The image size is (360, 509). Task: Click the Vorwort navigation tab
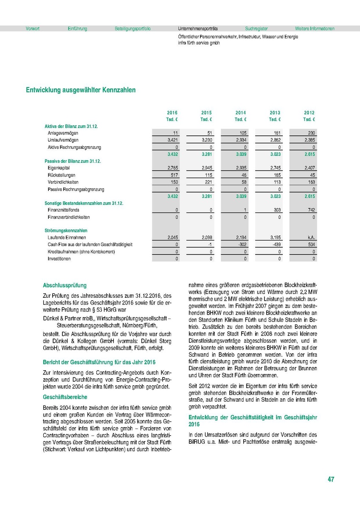[33, 29]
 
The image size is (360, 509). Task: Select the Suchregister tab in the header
[256, 29]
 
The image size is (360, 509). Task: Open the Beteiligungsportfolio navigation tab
[132, 29]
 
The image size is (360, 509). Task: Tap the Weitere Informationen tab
[315, 29]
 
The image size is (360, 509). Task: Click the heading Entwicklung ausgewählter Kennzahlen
[81, 90]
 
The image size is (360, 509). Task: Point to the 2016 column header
[172, 113]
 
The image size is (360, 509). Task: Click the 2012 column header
[309, 113]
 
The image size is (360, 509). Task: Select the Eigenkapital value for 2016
[172, 168]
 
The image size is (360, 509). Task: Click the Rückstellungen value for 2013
[276, 175]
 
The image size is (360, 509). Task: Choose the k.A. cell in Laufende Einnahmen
[310, 238]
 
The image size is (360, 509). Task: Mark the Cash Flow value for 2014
[241, 245]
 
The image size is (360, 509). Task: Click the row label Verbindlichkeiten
[63, 182]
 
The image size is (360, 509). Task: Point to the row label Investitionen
[59, 259]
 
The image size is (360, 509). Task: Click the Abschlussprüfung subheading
[65, 285]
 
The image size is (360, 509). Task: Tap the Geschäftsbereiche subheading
[65, 397]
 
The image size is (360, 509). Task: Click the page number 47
[331, 479]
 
